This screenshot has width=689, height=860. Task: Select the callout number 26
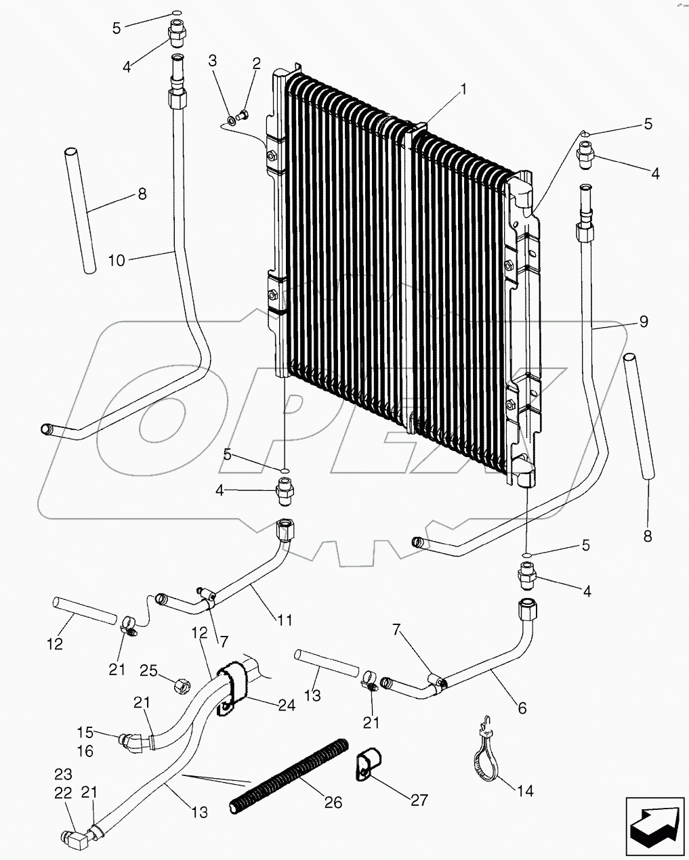click(333, 802)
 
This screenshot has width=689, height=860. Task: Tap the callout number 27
click(419, 800)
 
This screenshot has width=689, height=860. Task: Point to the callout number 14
click(524, 790)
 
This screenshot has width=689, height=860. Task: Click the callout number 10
click(117, 260)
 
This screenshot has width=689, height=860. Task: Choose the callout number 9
click(643, 321)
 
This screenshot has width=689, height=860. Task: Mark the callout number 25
click(148, 671)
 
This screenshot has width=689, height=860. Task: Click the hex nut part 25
click(182, 686)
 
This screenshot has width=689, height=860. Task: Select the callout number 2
click(256, 64)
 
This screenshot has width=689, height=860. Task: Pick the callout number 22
click(62, 792)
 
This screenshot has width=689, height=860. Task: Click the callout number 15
click(85, 732)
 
